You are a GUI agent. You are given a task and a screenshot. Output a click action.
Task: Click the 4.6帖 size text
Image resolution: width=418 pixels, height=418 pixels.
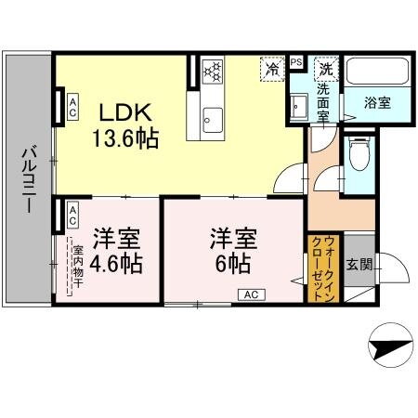[x=116, y=263]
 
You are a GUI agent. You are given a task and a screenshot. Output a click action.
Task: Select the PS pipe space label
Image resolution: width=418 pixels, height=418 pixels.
[x=296, y=62]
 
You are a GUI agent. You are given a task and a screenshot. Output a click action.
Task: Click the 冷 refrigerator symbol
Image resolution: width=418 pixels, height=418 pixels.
[x=273, y=68]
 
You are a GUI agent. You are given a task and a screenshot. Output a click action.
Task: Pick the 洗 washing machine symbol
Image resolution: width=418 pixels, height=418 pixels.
[x=326, y=68]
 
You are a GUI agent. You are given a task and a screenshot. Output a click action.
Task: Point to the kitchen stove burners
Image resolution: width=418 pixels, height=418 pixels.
[x=213, y=72]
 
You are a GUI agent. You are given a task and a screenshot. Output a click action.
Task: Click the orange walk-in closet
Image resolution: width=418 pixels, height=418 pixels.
[x=318, y=265]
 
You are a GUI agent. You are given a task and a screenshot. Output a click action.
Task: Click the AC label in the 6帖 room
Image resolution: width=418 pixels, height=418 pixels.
[x=251, y=294]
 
